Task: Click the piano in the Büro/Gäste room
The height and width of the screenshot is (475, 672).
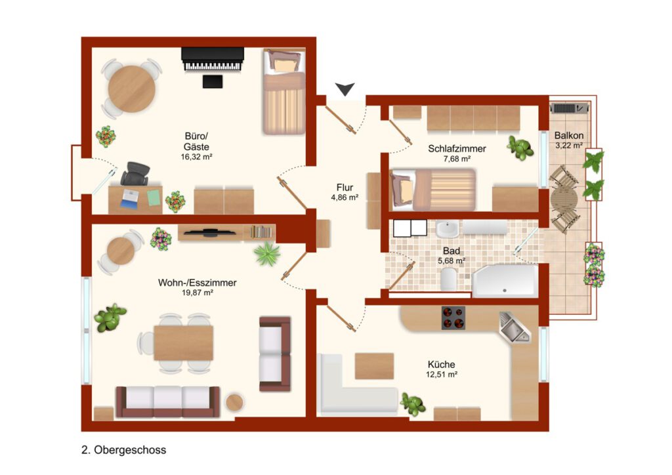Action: [x=213, y=59]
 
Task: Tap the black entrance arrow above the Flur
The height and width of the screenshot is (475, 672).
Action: [x=345, y=89]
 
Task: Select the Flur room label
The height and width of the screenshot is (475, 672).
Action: [x=345, y=187]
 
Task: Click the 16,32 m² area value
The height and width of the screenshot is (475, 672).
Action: [x=196, y=157]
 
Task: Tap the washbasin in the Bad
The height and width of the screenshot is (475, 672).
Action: [x=448, y=229]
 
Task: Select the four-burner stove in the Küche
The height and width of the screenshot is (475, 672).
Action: [x=453, y=318]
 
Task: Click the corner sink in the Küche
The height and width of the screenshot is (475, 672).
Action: [x=514, y=327]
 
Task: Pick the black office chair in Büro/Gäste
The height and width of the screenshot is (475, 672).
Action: [x=135, y=174]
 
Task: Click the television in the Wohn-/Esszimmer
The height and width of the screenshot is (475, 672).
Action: [x=210, y=232]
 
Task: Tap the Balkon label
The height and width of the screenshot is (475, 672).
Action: [x=569, y=135]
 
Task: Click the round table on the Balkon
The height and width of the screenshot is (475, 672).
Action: [x=564, y=199]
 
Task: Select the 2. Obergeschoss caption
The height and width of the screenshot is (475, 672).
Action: [x=123, y=449]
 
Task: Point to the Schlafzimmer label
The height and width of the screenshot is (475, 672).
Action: [x=457, y=149]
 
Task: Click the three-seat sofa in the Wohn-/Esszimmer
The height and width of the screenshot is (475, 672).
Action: [x=168, y=402]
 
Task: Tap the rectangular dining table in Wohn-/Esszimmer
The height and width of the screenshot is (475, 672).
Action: [x=184, y=343]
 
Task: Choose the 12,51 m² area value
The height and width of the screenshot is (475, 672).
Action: [x=442, y=375]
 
